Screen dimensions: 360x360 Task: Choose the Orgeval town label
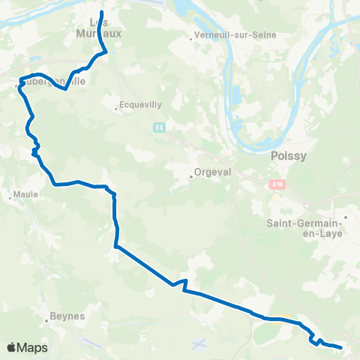coord(212,170)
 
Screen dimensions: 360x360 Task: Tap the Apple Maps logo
coord(26,347)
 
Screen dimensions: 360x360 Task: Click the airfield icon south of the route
coord(198,344)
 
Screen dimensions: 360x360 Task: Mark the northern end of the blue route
coord(102,12)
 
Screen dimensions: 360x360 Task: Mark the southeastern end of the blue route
coord(341,347)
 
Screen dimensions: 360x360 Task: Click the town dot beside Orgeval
coord(190,178)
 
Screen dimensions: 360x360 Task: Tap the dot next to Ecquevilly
coord(115,109)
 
